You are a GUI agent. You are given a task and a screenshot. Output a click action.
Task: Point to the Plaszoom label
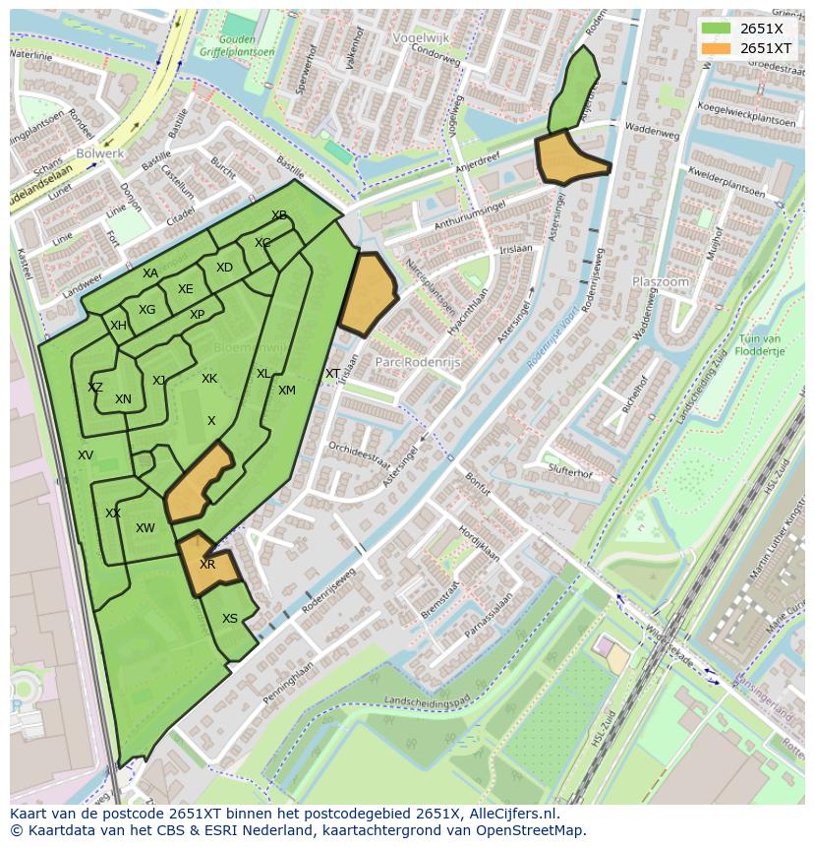(x=661, y=281)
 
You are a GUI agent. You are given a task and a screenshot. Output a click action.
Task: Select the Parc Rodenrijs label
(x=419, y=361)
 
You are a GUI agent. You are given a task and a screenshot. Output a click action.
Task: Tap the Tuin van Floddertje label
(x=760, y=345)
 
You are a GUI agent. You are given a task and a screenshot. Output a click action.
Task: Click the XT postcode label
(x=332, y=374)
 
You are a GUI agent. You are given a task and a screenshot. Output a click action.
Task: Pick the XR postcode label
(x=207, y=565)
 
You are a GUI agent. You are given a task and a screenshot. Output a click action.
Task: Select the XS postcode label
(x=229, y=619)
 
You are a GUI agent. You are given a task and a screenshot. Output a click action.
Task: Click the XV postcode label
(x=86, y=455)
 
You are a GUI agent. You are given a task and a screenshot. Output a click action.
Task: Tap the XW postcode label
(x=145, y=528)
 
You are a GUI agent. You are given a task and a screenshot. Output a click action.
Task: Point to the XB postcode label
(x=279, y=215)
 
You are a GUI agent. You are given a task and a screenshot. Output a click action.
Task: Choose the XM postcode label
(x=286, y=391)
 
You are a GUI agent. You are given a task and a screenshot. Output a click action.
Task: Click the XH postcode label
(x=118, y=326)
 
